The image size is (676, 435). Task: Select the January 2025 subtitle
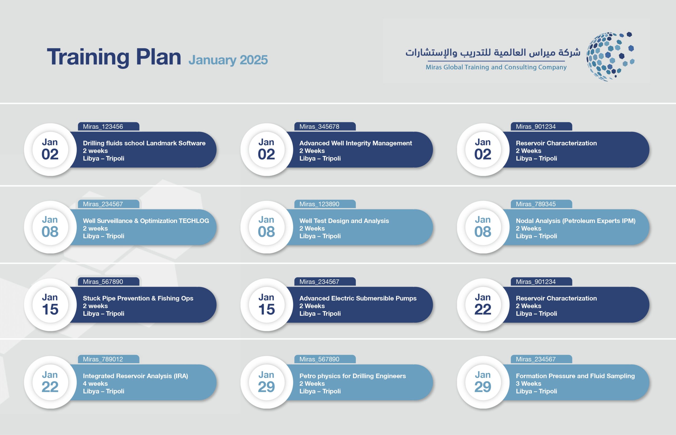coord(228,60)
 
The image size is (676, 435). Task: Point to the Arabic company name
coord(493,53)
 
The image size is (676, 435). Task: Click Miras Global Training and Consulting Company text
coord(496,67)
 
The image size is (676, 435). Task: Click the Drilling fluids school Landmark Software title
coord(144,143)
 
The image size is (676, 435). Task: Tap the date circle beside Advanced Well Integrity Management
coord(266,149)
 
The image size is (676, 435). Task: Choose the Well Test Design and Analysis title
coord(344,221)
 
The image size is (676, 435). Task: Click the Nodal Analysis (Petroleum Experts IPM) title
coord(575,221)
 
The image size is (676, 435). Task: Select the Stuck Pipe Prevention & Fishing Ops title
coord(138,298)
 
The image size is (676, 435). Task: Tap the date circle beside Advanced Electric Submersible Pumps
coord(266,305)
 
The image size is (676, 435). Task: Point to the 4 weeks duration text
coord(95,384)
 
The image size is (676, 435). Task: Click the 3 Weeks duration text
coord(528,384)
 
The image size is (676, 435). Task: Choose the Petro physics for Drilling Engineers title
coord(352,376)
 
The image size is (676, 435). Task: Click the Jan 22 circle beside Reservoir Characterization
coord(483,305)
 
